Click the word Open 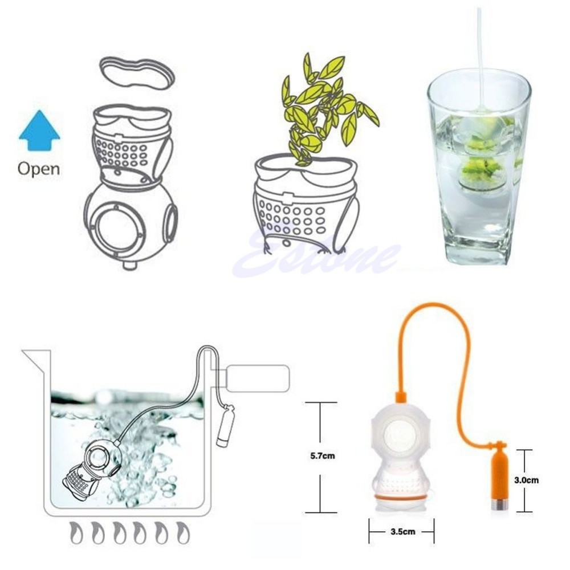click(39, 169)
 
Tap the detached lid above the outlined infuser click(137, 73)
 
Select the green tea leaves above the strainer click(325, 108)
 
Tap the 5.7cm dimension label click(323, 455)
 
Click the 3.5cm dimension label click(403, 531)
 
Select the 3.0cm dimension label click(526, 480)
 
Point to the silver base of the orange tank click(498, 504)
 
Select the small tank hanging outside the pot click(226, 425)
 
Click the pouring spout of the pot click(35, 358)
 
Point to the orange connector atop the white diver click(401, 397)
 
